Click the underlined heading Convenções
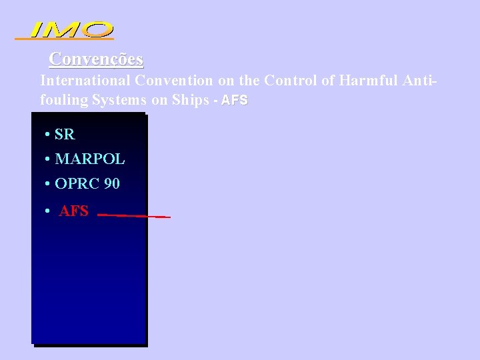pyautogui.click(x=96, y=59)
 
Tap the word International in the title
pyautogui.click(x=85, y=81)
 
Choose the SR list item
pyautogui.click(x=65, y=135)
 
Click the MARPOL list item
pyautogui.click(x=90, y=160)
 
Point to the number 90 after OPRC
pyautogui.click(x=111, y=183)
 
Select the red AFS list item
pyautogui.click(x=74, y=212)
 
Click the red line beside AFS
pyautogui.click(x=133, y=216)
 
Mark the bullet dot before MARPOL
pyautogui.click(x=48, y=160)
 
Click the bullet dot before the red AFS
pyautogui.click(x=48, y=212)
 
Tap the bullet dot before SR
pyautogui.click(x=48, y=135)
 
